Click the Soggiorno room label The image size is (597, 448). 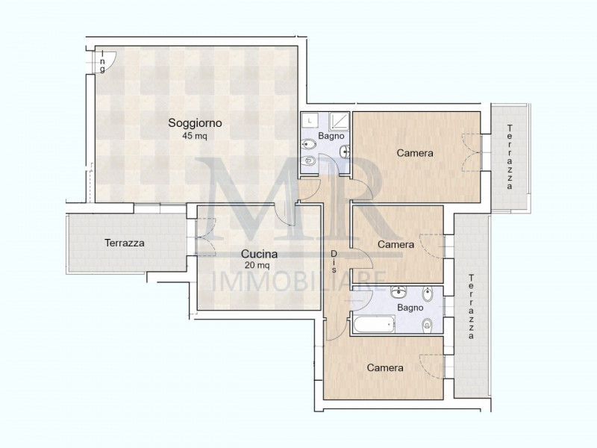tap(195, 123)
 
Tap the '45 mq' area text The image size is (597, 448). tap(195, 136)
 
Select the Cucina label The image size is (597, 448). tap(259, 254)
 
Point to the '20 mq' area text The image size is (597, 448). tap(257, 265)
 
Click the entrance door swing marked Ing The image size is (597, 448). tap(107, 60)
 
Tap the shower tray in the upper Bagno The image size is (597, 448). tap(339, 122)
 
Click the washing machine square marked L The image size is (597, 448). tap(310, 121)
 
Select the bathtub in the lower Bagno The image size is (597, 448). tap(374, 325)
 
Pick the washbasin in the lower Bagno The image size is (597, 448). tap(398, 292)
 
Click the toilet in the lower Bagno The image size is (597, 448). tap(427, 325)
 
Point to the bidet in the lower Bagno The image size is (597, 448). tap(427, 293)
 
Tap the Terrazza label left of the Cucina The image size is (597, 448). tap(125, 243)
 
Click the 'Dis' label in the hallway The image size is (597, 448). tap(334, 261)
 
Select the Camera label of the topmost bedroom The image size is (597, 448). tap(415, 153)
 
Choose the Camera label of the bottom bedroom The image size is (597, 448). tap(385, 367)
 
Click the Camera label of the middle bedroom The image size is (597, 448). tap(396, 244)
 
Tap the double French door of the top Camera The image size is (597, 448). tap(472, 153)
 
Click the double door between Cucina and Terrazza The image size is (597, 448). tap(206, 237)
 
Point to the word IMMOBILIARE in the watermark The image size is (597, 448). tap(298, 281)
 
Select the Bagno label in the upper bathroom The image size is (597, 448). tap(331, 136)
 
